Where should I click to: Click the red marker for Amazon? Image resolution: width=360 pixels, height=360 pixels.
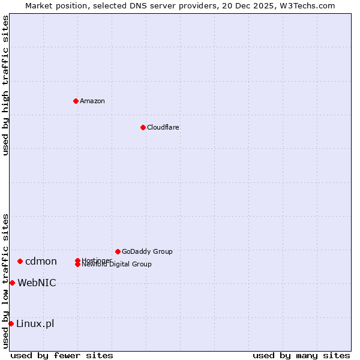76,101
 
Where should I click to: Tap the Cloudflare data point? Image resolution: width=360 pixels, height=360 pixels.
143,127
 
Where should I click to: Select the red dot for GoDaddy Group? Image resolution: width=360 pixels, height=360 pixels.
118,251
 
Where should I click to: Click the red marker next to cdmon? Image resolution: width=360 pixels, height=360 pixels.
20,261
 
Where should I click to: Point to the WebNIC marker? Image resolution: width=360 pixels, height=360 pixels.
12,283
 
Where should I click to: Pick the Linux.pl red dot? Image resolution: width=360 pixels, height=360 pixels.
11,323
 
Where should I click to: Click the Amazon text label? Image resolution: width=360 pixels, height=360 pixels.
92,101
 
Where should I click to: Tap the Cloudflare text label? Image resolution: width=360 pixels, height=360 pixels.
163,127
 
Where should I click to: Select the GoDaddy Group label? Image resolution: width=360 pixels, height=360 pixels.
147,251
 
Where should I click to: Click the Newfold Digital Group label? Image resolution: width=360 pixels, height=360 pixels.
117,265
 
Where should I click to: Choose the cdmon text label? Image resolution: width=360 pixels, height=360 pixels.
41,261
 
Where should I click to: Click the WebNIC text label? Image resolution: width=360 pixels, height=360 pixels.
37,283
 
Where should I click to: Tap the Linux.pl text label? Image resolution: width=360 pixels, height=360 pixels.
35,323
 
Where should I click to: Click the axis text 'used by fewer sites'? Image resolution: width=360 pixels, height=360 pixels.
62,355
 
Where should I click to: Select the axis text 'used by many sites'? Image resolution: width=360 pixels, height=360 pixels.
301,355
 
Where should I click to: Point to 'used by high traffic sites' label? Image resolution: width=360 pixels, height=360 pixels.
5,85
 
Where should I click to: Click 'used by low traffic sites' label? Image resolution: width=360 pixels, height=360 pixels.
5,281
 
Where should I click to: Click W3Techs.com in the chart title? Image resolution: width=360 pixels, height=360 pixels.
307,5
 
